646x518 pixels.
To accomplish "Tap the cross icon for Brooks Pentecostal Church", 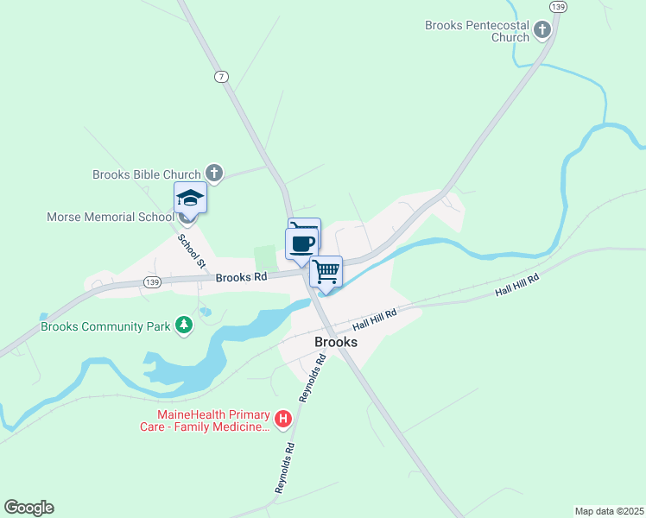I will click(x=542, y=32).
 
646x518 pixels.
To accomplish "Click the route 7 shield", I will click(x=223, y=77).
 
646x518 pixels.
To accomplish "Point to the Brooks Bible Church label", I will click(x=146, y=174).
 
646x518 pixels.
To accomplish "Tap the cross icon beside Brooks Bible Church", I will click(x=215, y=174).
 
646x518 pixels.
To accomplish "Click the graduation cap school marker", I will click(x=191, y=199).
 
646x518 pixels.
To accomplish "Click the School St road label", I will click(x=192, y=250).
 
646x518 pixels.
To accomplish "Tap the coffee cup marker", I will click(x=301, y=243).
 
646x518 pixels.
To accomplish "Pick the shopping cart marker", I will click(x=326, y=271).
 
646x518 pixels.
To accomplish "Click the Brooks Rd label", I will click(x=242, y=277).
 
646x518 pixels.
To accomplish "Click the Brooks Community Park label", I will click(x=104, y=327).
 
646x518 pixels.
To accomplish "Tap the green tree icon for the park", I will click(x=183, y=325).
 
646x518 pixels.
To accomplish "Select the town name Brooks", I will click(x=336, y=342).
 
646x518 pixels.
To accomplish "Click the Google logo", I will click(x=28, y=508).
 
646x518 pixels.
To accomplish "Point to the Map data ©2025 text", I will click(x=609, y=510).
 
